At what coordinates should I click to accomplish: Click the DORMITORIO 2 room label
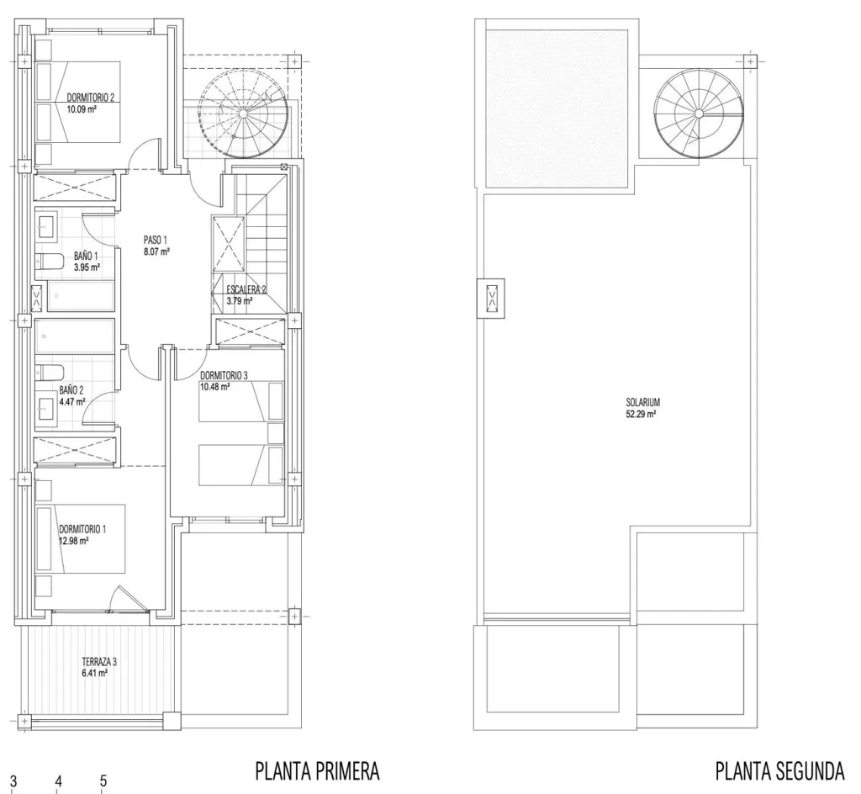(91, 98)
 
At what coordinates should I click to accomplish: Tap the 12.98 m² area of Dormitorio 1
(74, 540)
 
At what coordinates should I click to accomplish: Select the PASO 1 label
(155, 240)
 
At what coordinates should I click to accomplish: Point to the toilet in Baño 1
(50, 261)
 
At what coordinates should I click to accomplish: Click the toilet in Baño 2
(50, 373)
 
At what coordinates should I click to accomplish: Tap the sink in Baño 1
(46, 227)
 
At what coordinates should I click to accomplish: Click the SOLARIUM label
(643, 403)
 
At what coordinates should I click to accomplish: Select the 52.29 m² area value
(642, 415)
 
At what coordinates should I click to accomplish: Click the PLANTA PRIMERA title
(317, 771)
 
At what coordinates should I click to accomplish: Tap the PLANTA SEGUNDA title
(779, 771)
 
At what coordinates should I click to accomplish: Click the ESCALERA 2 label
(246, 290)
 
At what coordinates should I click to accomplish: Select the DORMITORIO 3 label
(224, 376)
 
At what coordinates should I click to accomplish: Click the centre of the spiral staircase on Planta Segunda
(699, 113)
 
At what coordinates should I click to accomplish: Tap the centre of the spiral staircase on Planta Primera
(242, 113)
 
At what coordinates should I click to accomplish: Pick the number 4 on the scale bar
(58, 781)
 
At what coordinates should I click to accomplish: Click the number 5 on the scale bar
(103, 781)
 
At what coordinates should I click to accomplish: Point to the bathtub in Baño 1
(81, 298)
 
